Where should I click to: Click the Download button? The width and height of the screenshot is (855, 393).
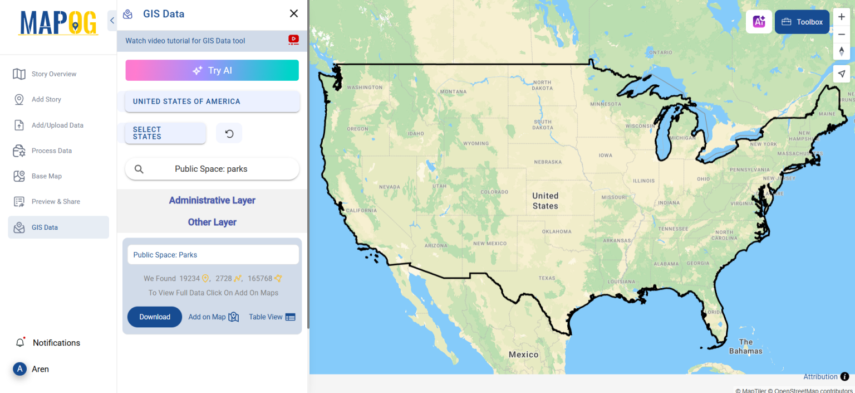[x=155, y=317]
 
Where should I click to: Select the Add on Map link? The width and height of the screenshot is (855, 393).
[x=213, y=317]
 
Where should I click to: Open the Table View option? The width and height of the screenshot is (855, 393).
[x=272, y=317]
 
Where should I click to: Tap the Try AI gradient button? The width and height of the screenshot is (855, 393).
[x=212, y=70]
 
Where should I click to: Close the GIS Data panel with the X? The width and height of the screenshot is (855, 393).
[x=294, y=13]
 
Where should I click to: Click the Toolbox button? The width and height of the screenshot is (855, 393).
[x=802, y=22]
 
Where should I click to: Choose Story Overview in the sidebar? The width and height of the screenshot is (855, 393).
[x=53, y=74]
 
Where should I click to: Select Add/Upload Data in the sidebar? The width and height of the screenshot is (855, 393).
[x=57, y=125]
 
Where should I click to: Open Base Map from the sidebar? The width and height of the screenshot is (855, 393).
[x=46, y=176]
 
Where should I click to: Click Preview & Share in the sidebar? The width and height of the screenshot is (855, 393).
[x=55, y=202]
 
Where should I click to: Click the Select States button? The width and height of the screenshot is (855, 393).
[x=165, y=133]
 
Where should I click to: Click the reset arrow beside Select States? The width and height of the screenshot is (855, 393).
[x=229, y=133]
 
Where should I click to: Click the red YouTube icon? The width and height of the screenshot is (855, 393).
[x=293, y=40]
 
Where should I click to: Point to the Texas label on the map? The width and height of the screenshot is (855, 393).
[x=547, y=278]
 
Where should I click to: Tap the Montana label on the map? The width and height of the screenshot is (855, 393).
[x=453, y=91]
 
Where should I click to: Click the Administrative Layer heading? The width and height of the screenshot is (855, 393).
[x=212, y=200]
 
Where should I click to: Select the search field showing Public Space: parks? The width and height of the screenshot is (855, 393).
[x=212, y=169]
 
